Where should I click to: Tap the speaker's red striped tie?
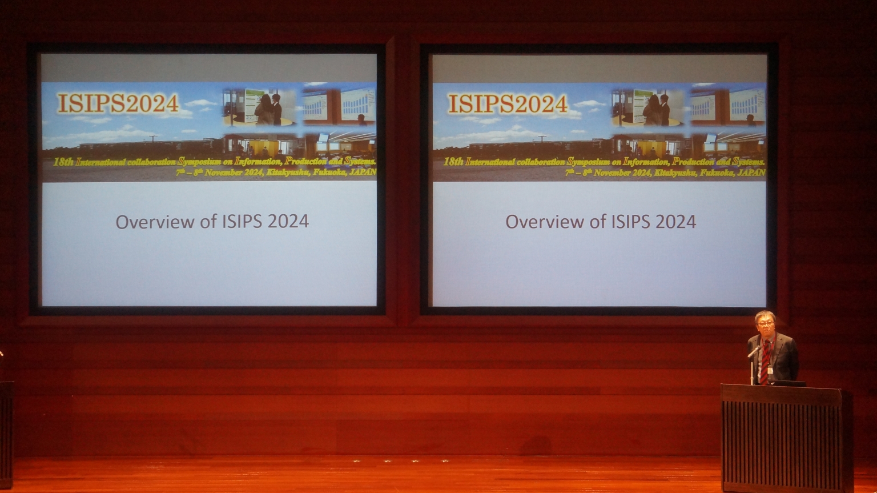(x=764, y=363)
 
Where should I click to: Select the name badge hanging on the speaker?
(x=770, y=370)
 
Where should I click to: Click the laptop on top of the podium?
(x=788, y=383)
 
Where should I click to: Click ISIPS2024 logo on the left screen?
(x=118, y=103)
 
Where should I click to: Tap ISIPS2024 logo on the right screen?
(x=508, y=104)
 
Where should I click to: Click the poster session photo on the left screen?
(x=260, y=107)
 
